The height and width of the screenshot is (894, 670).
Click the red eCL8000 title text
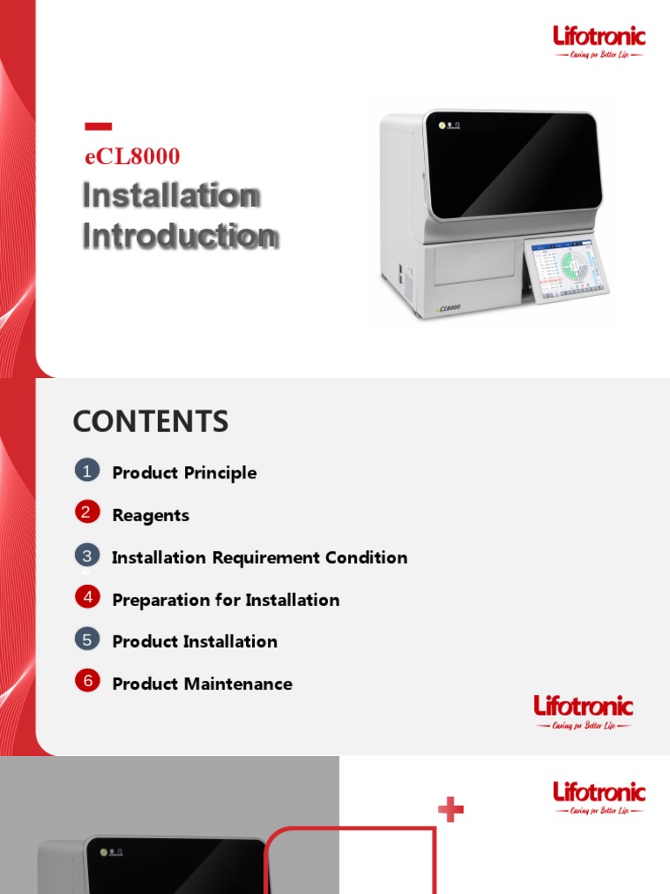point(131,156)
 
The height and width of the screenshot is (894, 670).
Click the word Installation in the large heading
point(171,196)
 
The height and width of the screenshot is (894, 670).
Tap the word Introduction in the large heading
point(181,236)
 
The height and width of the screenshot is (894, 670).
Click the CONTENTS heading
point(150,422)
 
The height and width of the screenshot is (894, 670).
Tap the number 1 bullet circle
point(86,471)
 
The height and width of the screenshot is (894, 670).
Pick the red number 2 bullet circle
point(86,513)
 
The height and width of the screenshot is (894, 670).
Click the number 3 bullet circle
point(86,555)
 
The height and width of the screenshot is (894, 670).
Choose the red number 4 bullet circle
point(86,598)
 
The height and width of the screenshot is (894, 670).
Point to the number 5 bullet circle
point(86,640)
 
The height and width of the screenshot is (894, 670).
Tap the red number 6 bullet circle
point(86,682)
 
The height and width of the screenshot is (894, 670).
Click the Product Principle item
point(184,473)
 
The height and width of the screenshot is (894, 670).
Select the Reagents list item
point(150,516)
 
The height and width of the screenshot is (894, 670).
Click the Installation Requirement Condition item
point(259,558)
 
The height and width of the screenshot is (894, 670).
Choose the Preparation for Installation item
point(225,601)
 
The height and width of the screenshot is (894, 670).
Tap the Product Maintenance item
point(202,684)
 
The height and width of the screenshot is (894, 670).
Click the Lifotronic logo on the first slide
point(599,41)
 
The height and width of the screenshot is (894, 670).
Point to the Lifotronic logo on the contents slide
point(583,712)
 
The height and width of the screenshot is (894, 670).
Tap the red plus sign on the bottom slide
point(451,811)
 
